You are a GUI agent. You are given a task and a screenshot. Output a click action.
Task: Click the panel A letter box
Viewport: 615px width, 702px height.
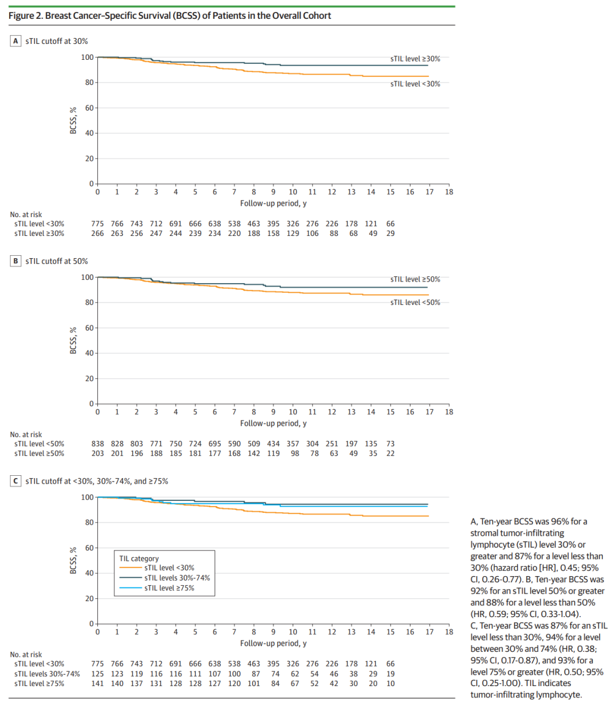[x=16, y=41]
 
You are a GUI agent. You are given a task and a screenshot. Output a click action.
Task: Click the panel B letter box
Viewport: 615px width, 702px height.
[x=16, y=261]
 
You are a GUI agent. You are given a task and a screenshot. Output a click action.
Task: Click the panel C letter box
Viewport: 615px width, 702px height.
[x=16, y=481]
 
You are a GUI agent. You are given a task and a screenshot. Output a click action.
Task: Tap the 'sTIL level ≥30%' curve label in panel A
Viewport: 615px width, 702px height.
[x=415, y=59]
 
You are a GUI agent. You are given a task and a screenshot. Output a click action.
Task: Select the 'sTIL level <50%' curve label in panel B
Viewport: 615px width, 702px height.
[x=415, y=303]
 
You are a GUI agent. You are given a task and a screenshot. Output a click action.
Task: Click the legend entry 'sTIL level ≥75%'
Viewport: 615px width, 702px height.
[x=169, y=588]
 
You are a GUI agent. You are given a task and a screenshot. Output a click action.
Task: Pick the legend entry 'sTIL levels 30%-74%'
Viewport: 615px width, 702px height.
[x=177, y=578]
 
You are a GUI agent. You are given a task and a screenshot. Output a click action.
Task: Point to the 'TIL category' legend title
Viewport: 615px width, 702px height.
[x=139, y=558]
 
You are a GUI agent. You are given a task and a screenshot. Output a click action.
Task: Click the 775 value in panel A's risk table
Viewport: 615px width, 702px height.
[x=97, y=224]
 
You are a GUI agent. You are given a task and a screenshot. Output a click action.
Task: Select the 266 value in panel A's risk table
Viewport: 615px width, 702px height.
[x=97, y=234]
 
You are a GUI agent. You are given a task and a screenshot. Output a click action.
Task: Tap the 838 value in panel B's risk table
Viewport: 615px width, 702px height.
[x=97, y=444]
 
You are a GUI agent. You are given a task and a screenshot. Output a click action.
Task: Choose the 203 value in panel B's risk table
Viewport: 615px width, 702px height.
[x=97, y=454]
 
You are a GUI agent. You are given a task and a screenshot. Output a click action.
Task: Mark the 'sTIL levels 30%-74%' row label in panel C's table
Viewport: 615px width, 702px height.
[x=47, y=674]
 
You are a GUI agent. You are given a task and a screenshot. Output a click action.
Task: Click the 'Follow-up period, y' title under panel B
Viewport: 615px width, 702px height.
[x=273, y=423]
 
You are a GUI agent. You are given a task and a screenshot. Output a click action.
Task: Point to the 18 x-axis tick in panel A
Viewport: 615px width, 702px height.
[x=449, y=192]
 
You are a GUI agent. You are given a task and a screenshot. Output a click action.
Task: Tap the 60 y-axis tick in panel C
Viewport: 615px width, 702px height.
[x=89, y=548]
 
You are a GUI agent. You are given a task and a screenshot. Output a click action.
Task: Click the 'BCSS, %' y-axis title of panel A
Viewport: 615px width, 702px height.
[x=73, y=121]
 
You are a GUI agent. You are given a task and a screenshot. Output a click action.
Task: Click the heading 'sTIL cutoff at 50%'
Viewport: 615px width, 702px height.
[x=57, y=261]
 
